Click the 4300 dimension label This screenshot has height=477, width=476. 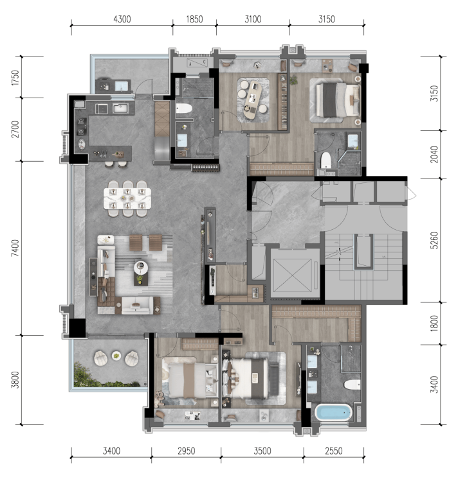(x=122, y=19)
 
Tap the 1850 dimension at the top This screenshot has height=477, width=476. (x=194, y=19)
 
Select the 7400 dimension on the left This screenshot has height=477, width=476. (x=15, y=248)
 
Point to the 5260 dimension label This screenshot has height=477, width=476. (x=434, y=240)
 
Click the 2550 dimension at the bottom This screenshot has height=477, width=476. (x=334, y=451)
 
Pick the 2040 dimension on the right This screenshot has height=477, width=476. (x=434, y=155)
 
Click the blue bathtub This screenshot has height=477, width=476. (x=334, y=412)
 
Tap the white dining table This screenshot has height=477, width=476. (x=127, y=198)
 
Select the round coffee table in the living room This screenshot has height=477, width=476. (x=141, y=268)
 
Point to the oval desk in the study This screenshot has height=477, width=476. (x=253, y=100)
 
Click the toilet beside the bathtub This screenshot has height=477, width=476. (x=352, y=384)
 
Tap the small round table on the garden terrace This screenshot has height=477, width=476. (x=116, y=355)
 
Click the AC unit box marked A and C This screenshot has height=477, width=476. (x=197, y=63)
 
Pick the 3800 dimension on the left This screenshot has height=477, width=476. (x=15, y=380)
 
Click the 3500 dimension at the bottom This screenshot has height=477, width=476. (x=262, y=451)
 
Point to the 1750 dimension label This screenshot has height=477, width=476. (x=15, y=77)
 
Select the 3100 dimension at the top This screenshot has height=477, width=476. (x=253, y=19)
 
